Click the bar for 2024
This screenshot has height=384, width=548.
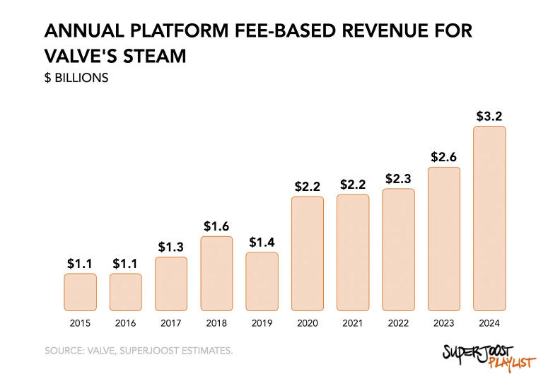pos(489,219)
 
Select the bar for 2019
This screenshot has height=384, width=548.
pos(262,281)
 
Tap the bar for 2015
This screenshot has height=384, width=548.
pos(80,292)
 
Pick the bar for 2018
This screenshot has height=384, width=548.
pos(216,274)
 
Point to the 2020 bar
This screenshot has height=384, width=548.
pos(308,253)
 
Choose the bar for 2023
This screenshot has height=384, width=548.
pos(444,239)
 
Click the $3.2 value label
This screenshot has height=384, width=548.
pos(489,115)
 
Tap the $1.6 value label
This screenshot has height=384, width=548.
pos(216,226)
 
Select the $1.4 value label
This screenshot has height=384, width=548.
pos(262,242)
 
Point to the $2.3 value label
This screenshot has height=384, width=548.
pos(398,179)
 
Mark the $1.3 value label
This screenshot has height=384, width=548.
pos(171,247)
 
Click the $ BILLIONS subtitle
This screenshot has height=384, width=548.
pos(76,78)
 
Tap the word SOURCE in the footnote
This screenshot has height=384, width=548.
pos(66,351)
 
